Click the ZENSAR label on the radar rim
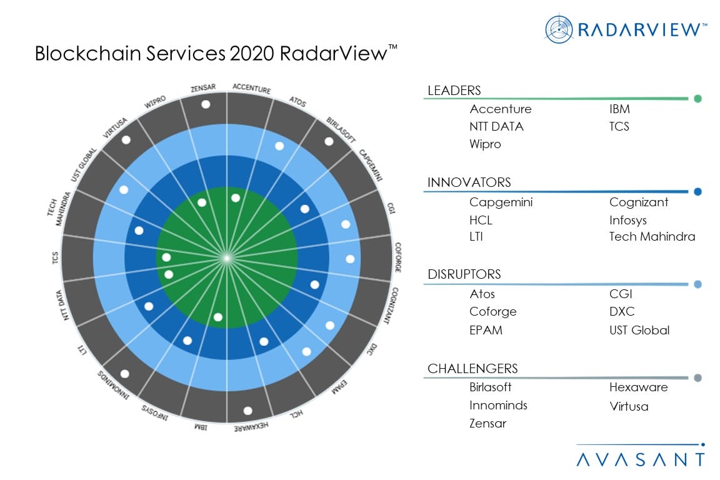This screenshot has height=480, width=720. (x=204, y=90)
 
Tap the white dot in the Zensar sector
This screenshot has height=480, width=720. (x=206, y=104)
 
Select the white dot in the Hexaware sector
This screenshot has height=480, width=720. (x=247, y=411)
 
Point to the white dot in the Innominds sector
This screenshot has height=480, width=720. (x=124, y=374)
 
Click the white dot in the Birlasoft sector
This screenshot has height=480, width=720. (x=329, y=141)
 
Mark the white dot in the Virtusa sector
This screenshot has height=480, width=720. (x=126, y=141)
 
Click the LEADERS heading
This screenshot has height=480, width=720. (x=454, y=91)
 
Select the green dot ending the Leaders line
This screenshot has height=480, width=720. (x=697, y=99)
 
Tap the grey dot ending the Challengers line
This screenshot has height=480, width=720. (x=697, y=377)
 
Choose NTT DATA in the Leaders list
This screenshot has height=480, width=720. (x=496, y=126)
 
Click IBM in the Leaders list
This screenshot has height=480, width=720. (x=619, y=109)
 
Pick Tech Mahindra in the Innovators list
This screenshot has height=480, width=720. (x=652, y=236)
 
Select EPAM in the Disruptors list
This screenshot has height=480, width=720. (x=486, y=329)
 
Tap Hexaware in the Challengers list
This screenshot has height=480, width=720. (x=638, y=387)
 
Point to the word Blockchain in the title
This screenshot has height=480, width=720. (x=79, y=54)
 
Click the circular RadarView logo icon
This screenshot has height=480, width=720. (x=559, y=29)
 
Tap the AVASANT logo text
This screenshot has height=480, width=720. (x=640, y=459)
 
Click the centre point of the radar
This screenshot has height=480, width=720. (x=227, y=257)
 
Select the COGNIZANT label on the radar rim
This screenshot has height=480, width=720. (x=390, y=305)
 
